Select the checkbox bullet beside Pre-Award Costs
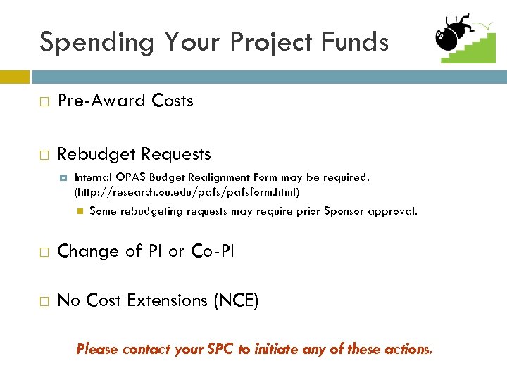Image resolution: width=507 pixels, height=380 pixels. pyautogui.click(x=44, y=101)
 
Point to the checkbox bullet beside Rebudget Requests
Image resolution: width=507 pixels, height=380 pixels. pyautogui.click(x=44, y=154)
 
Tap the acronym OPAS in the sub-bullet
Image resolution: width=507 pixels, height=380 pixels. pyautogui.click(x=132, y=177)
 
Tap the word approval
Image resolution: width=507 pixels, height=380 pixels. pyautogui.click(x=395, y=211)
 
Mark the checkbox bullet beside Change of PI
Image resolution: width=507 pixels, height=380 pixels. pyautogui.click(x=44, y=251)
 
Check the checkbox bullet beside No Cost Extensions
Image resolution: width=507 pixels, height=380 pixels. pyautogui.click(x=44, y=301)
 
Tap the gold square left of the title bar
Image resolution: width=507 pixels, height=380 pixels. pyautogui.click(x=14, y=76)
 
